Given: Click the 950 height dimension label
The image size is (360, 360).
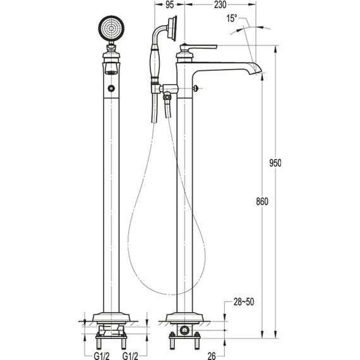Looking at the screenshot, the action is pyautogui.click(x=275, y=163).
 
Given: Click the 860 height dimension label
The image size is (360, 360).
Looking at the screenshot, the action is pyautogui.click(x=262, y=201).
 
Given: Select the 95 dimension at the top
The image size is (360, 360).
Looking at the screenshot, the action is pyautogui.click(x=170, y=5).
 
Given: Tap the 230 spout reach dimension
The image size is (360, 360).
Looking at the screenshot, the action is pyautogui.click(x=220, y=5).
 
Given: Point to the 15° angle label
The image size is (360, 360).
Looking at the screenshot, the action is pyautogui.click(x=232, y=18).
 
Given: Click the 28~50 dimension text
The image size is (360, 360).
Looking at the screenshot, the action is pyautogui.click(x=244, y=302).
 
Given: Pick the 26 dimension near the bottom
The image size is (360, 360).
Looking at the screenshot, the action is pyautogui.click(x=212, y=356).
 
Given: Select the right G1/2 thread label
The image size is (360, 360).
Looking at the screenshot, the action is pyautogui.click(x=130, y=356).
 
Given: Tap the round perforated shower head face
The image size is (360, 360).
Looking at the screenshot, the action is pyautogui.click(x=111, y=28).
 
